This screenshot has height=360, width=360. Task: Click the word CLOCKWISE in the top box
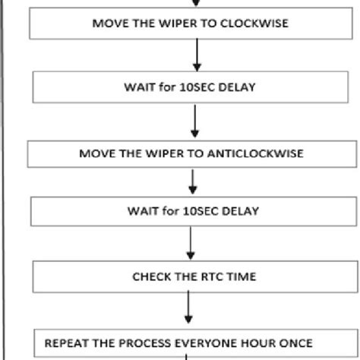pyautogui.click(x=254, y=23)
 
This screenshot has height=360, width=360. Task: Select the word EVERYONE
pyautogui.click(x=221, y=343)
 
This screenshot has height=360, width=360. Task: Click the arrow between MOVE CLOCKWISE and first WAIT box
pyautogui.click(x=197, y=55)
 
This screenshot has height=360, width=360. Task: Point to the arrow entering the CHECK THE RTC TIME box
pyautogui.click(x=191, y=243)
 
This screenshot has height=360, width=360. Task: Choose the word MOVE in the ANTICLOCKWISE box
pyautogui.click(x=95, y=153)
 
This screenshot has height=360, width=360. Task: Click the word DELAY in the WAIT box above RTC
pyautogui.click(x=242, y=211)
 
